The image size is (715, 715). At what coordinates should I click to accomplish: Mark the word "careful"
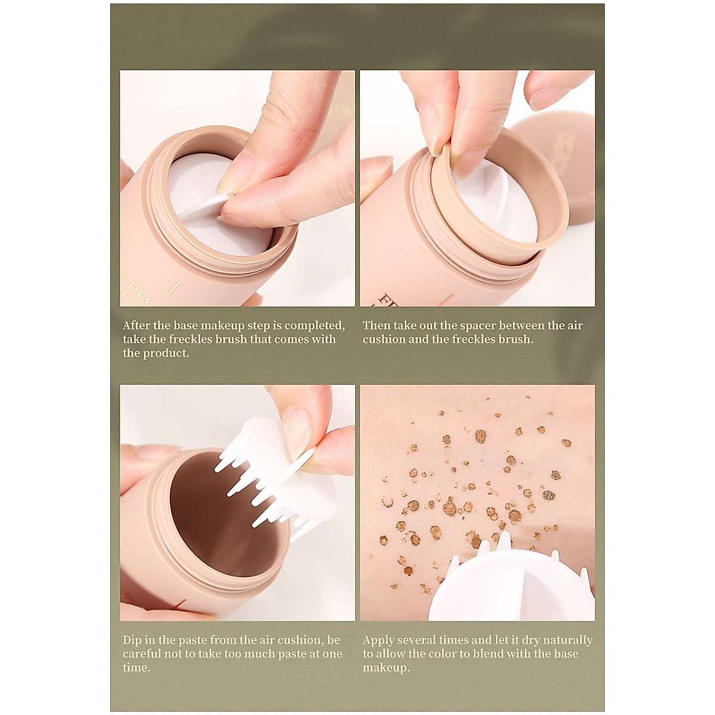click(144, 654)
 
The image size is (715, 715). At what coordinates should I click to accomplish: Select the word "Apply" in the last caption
click(380, 641)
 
